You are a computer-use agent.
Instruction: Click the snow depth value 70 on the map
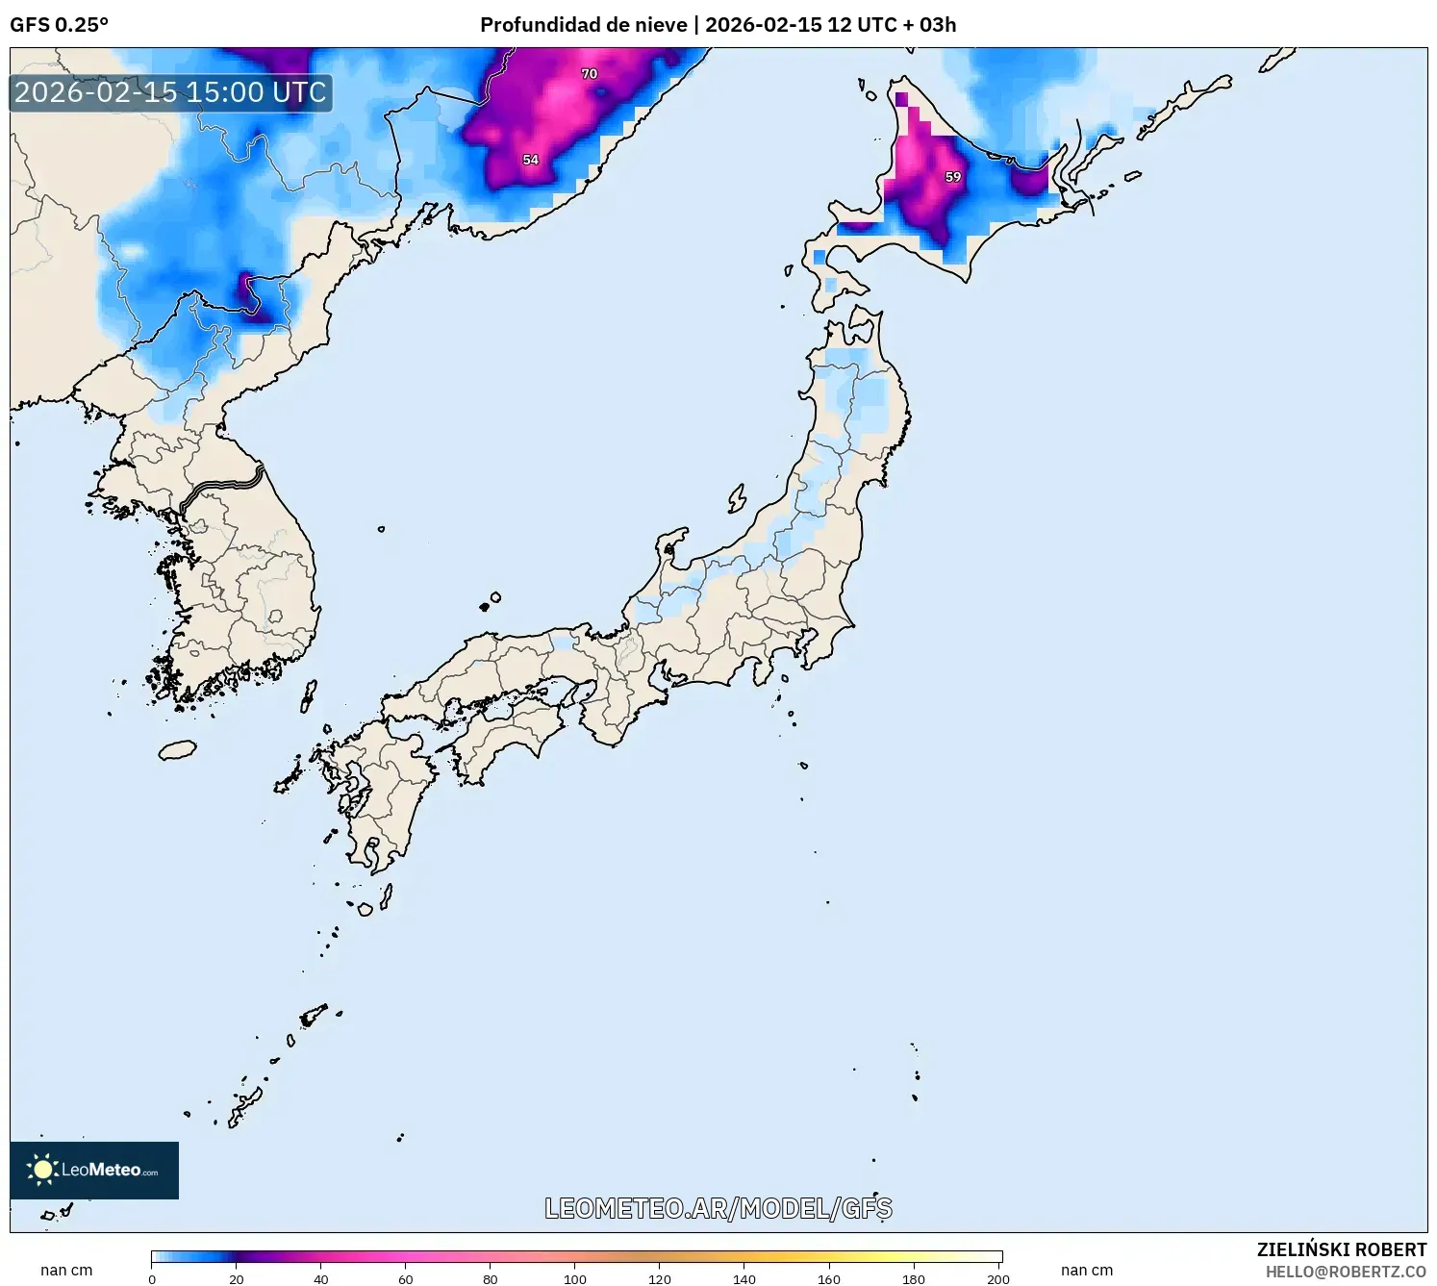click(x=590, y=74)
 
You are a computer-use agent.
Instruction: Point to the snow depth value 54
click(x=531, y=160)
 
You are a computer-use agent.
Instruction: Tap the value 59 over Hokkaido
click(x=953, y=177)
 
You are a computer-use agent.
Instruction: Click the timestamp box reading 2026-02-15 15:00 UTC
click(x=171, y=93)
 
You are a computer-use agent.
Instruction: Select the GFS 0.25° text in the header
click(x=59, y=25)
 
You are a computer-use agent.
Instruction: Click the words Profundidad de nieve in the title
click(x=584, y=25)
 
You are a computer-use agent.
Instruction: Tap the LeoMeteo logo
click(x=94, y=1170)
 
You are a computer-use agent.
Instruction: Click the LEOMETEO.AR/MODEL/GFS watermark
click(x=718, y=1208)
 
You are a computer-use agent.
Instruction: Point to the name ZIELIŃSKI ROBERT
click(x=1342, y=1249)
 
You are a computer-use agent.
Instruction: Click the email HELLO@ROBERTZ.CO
click(x=1346, y=1272)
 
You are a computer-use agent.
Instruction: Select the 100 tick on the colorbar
click(x=575, y=1279)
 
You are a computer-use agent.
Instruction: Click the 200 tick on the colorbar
click(x=998, y=1279)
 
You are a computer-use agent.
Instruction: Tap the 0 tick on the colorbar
click(x=152, y=1279)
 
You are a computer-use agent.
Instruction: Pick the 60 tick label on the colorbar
click(x=406, y=1279)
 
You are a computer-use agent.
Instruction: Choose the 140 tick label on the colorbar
click(x=744, y=1279)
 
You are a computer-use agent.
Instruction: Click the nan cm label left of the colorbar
click(x=66, y=1271)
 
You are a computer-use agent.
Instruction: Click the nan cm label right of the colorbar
click(x=1087, y=1271)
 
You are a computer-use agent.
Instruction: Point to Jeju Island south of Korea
click(x=178, y=749)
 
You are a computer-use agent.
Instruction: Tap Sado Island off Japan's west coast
click(x=738, y=498)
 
